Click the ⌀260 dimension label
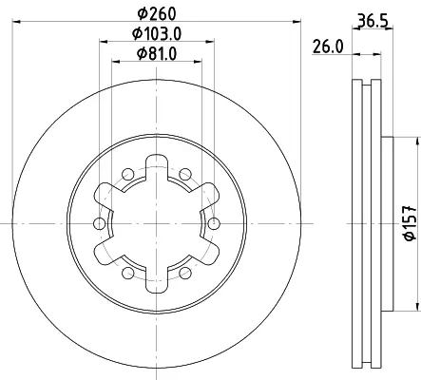click(x=157, y=13)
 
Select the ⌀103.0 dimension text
click(x=157, y=34)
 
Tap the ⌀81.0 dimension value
click(x=157, y=54)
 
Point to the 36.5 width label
click(x=373, y=21)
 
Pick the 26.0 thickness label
click(x=328, y=47)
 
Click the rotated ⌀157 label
click(x=410, y=222)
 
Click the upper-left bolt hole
click(x=128, y=174)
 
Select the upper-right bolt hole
click(x=185, y=174)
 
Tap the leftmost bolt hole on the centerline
click(x=100, y=223)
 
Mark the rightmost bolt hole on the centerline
click(x=214, y=223)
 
